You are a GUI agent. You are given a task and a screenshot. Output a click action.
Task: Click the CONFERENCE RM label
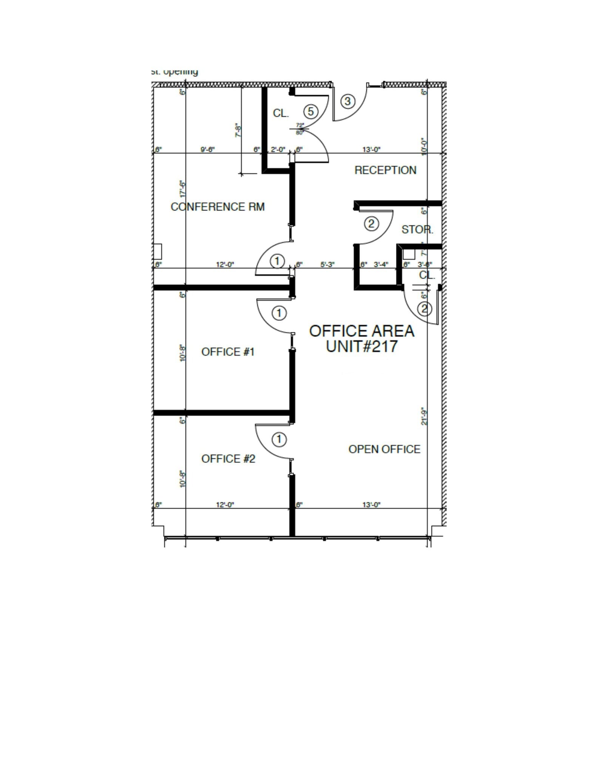coord(218,207)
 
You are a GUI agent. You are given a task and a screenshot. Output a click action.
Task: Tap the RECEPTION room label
coord(385,170)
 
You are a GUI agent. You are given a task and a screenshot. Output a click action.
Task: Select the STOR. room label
coord(417,229)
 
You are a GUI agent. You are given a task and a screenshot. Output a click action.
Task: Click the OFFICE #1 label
coord(228,352)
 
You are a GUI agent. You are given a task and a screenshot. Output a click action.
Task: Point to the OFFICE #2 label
coord(228,459)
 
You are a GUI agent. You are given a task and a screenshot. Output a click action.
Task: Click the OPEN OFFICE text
coord(384,449)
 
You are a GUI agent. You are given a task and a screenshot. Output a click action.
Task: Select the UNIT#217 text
coord(362,346)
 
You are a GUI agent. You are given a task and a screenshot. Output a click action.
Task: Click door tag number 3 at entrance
coord(348,101)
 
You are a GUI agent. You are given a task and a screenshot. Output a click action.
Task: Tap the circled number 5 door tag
coord(311,111)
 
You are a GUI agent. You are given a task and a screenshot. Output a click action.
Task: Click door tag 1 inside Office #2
coord(279,439)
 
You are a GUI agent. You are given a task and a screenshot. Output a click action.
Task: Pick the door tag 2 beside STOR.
coord(371,224)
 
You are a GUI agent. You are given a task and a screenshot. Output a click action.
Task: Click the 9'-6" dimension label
coord(207,149)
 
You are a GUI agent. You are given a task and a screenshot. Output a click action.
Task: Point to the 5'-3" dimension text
coord(328,265)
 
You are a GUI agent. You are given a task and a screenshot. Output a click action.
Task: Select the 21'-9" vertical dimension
coord(424,416)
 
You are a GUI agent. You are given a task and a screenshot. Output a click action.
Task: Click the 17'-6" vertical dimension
coord(183,189)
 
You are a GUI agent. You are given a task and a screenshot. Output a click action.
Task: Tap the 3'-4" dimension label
coord(381,265)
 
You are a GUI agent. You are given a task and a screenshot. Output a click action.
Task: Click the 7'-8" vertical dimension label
coord(238,130)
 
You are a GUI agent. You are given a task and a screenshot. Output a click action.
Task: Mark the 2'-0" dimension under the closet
coord(278,149)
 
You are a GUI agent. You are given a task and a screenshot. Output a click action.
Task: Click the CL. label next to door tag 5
coord(281,113)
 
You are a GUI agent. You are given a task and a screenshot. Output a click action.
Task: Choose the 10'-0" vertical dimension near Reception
coord(424,146)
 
